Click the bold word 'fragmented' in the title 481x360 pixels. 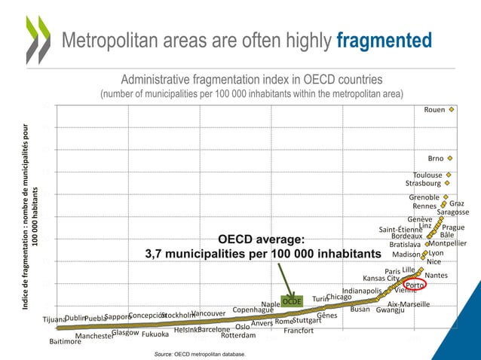pos(384,40)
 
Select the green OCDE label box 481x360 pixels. pos(292,301)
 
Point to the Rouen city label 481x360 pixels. pos(434,110)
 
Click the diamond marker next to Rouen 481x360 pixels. pos(452,109)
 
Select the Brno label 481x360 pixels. pos(436,159)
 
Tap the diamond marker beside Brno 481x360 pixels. pos(450,159)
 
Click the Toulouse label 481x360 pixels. pos(427,175)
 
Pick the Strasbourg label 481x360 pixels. pos(423,183)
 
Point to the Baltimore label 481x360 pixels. pos(65,341)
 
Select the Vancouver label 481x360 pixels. pos(209,313)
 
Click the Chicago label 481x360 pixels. pos(339,297)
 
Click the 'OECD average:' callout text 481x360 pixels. pos(261,239)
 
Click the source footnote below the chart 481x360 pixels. pos(199,352)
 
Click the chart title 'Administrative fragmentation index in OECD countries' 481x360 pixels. pos(252,79)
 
